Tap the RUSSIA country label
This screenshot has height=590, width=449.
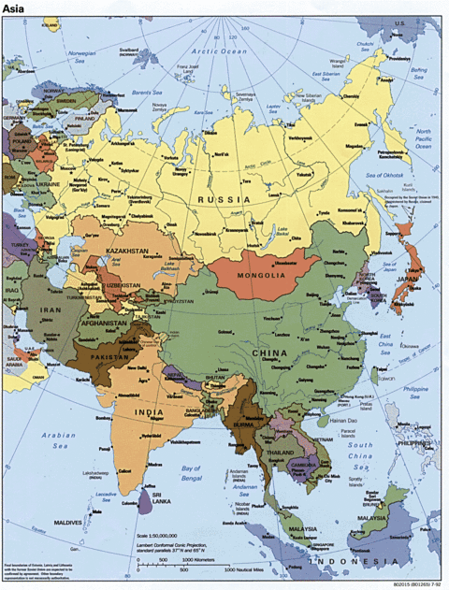tap(222, 199)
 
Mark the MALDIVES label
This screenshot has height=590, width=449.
tap(68, 522)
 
